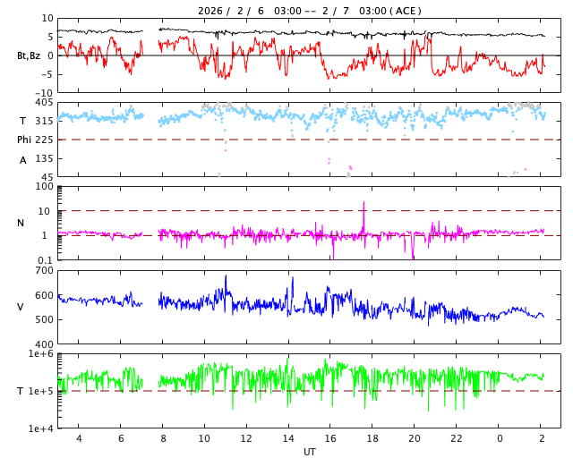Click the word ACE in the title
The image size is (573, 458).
point(406,11)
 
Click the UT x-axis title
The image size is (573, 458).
point(309,452)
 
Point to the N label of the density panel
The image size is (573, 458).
point(21,223)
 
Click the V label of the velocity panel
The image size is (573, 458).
point(21,307)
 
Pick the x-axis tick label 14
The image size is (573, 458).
point(288,438)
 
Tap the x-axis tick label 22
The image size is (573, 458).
point(457,438)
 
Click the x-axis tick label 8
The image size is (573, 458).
point(162,438)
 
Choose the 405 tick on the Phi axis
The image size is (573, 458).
point(44,103)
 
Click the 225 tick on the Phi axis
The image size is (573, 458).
point(44,140)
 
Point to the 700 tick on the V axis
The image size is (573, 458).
point(44,270)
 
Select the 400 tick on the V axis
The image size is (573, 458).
point(44,344)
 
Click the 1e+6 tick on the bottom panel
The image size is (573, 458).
point(41,354)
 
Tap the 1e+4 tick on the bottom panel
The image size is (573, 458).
point(41,428)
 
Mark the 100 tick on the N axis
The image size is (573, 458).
point(46,187)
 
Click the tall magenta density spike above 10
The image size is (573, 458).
point(363,206)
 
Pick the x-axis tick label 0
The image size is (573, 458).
point(499,438)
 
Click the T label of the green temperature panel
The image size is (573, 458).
point(21,391)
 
